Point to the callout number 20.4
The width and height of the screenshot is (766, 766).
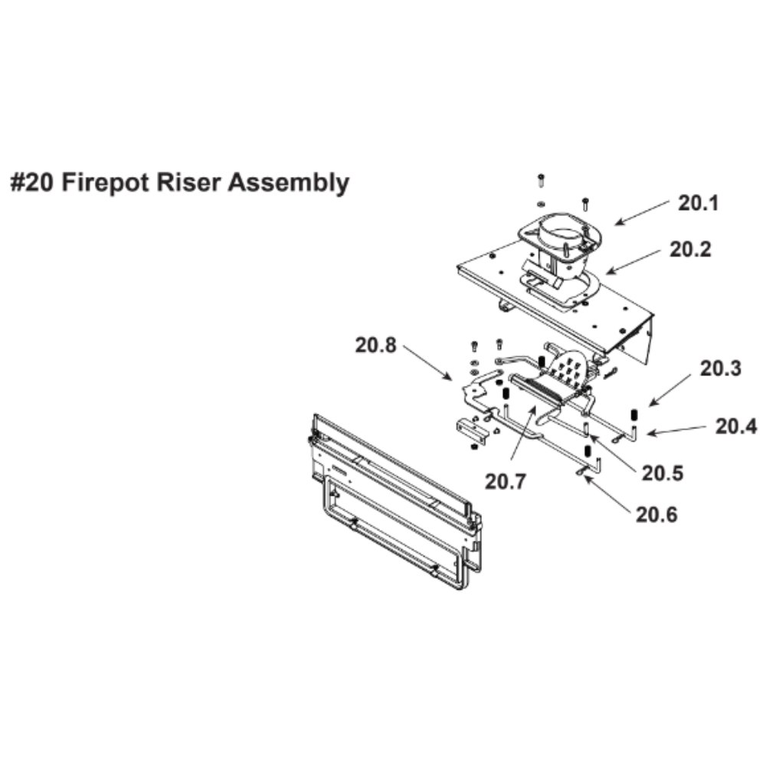[736, 426]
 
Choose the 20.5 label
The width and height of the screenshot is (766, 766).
[663, 473]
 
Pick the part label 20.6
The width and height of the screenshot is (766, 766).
[656, 514]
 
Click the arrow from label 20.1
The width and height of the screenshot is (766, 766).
[641, 213]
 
